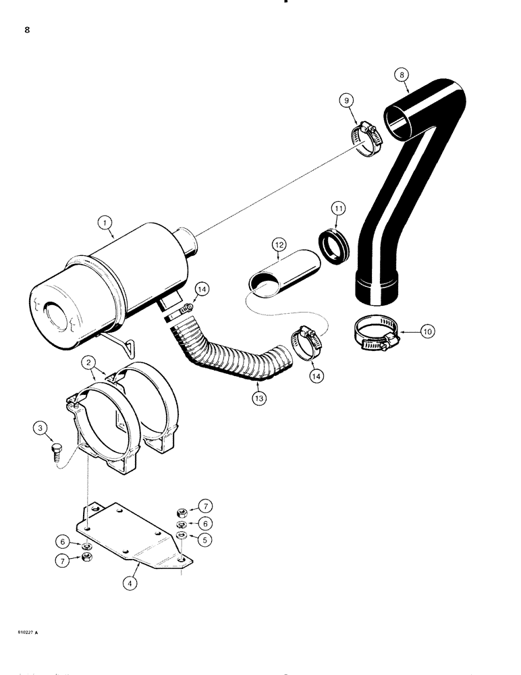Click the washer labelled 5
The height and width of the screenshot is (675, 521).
click(x=182, y=535)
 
